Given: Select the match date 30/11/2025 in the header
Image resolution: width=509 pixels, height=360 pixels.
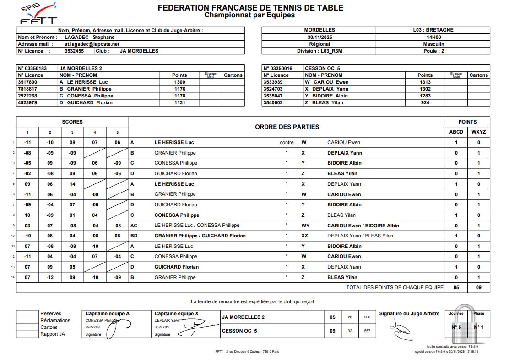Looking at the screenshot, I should tap(319, 37).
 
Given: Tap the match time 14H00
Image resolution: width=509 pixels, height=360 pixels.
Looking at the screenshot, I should tap(433, 37).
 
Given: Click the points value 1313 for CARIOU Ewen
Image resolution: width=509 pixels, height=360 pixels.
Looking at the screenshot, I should tap(425, 82).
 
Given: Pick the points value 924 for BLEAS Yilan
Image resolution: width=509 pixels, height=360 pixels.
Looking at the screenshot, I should tap(425, 102).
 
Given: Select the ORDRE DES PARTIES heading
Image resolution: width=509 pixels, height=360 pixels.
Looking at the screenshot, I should tap(287, 127).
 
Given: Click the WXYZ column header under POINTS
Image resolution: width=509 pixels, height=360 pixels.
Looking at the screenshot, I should tap(478, 132).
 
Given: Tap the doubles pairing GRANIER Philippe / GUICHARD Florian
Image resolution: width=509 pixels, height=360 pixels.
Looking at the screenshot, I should tap(200, 236).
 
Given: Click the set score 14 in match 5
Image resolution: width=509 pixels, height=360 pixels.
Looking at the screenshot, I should tap(72, 184).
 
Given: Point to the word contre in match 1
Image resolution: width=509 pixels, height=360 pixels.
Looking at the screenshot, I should tap(287, 143).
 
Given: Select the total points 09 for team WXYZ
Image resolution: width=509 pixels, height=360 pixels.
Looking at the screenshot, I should tap(478, 288).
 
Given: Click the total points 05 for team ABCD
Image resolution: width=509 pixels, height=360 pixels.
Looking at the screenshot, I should tap(456, 288).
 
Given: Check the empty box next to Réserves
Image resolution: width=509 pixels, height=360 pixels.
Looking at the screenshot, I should tap(27, 314).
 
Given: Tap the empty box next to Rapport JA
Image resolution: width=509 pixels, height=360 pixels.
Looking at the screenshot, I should tap(27, 334).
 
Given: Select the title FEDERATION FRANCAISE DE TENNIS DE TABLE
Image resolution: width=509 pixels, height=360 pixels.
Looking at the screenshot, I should tap(250, 8).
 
